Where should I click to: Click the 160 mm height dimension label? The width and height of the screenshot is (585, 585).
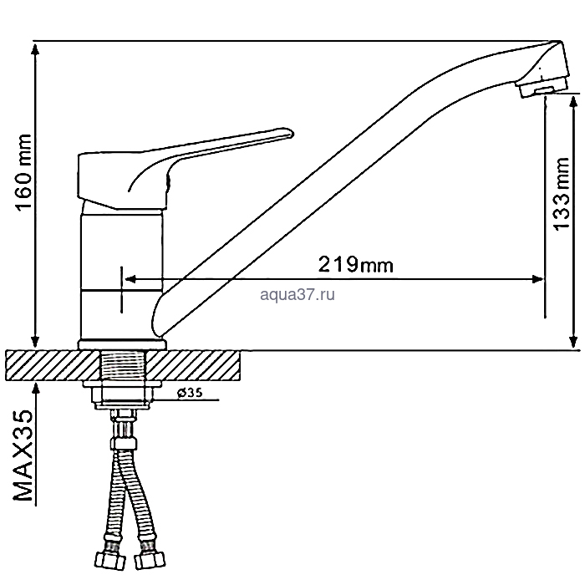coord(24,172)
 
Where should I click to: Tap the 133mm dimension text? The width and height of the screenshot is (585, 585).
coord(562,195)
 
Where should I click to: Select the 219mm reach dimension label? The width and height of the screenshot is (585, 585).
coord(355,265)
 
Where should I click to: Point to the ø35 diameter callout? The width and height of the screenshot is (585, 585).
coord(190,393)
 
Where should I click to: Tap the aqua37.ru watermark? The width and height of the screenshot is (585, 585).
coord(298,295)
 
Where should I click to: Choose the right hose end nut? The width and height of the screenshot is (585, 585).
coord(150,559)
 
